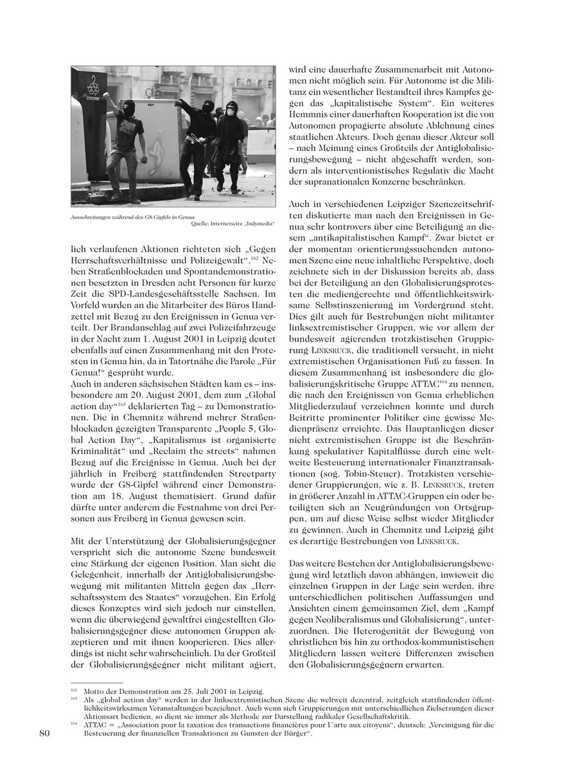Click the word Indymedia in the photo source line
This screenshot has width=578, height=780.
tap(256, 224)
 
